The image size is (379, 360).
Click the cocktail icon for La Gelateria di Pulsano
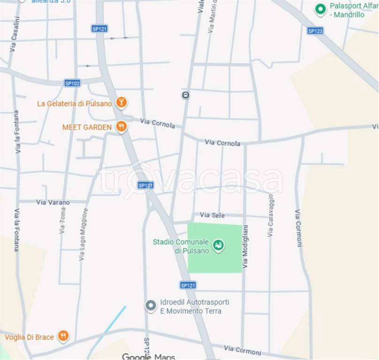click(x=121, y=102)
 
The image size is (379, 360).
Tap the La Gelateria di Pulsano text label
click(x=75, y=104)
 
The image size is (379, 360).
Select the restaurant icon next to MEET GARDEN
click(x=121, y=126)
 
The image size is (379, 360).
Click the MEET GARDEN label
click(x=87, y=127)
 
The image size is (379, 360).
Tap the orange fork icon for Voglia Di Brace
click(x=63, y=336)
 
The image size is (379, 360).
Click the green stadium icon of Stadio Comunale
click(x=218, y=245)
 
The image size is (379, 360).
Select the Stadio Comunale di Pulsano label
click(x=181, y=246)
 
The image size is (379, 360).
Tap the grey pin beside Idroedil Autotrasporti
click(x=151, y=306)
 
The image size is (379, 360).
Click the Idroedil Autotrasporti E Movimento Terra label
click(x=194, y=307)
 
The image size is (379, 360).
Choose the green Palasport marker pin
click(x=320, y=9)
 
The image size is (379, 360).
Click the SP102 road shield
click(x=72, y=83)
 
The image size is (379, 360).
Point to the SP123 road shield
click(x=315, y=30)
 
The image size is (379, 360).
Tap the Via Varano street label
click(x=53, y=202)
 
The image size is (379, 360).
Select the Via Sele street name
click(x=212, y=215)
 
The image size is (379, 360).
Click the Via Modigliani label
click(x=245, y=247)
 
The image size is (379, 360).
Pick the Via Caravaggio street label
click(x=271, y=215)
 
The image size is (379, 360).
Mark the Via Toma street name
click(x=62, y=221)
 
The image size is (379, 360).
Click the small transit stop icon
click(x=186, y=95)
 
